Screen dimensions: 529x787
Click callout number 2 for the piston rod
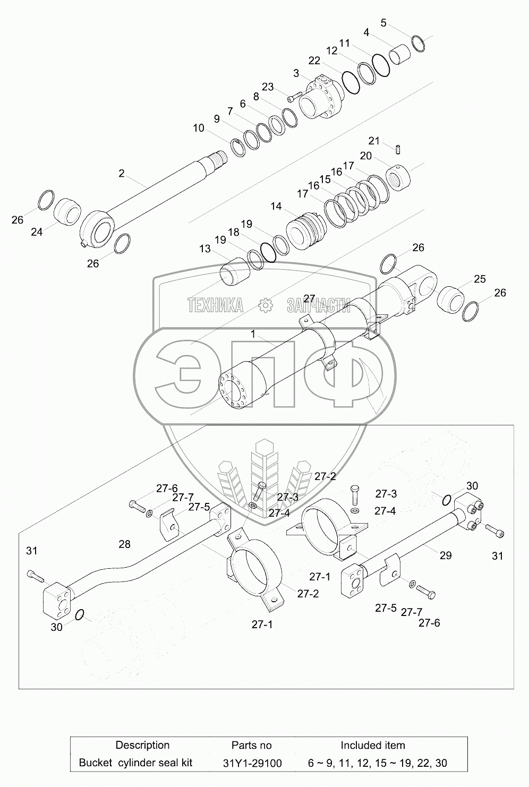(x=122, y=173)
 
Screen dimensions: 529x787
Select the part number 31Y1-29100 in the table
(x=252, y=763)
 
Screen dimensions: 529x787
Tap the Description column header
(x=142, y=745)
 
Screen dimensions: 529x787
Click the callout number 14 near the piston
(x=276, y=207)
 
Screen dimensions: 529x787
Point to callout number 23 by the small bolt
(x=268, y=87)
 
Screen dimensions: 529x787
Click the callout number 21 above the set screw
(x=374, y=141)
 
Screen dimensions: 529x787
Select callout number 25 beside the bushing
(x=480, y=279)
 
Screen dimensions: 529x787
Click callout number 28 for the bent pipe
(x=124, y=544)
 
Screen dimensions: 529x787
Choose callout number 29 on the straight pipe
(x=446, y=555)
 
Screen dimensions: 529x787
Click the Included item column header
(x=372, y=745)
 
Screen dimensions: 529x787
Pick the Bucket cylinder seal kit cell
(x=135, y=763)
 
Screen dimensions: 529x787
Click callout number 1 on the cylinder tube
(x=253, y=335)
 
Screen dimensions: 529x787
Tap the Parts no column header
(x=252, y=745)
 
